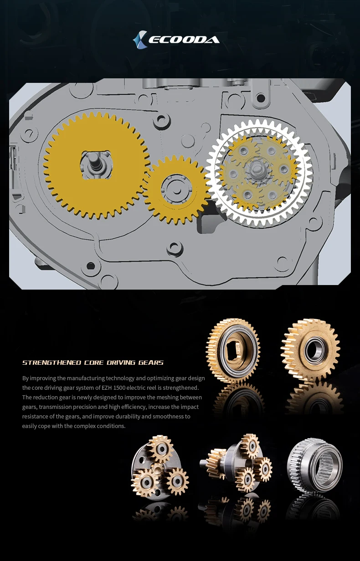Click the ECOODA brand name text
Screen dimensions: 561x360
184,40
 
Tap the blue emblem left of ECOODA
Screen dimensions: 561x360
139,40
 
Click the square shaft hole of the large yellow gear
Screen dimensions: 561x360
96,164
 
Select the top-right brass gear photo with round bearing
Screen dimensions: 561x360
311,351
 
